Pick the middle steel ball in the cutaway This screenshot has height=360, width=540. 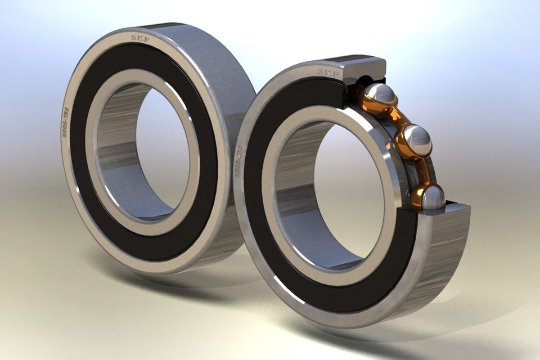coord(417,139)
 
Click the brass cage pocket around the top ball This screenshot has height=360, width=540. coord(366,101)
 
